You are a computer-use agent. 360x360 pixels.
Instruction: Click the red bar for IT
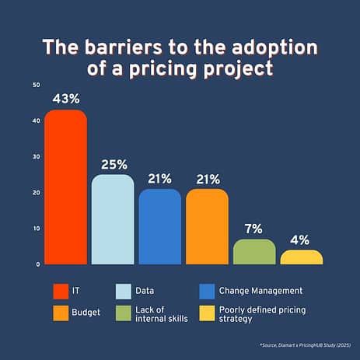click(66, 187)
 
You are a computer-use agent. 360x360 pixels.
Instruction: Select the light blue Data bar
click(113, 219)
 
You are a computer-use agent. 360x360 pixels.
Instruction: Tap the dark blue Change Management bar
click(160, 227)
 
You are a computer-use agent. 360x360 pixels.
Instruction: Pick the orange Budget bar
click(207, 227)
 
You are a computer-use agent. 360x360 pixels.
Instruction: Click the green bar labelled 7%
click(254, 252)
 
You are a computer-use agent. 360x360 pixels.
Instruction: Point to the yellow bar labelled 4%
click(302, 257)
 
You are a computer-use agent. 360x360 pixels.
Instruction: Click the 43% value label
click(66, 99)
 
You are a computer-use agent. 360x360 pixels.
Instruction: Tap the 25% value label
click(114, 165)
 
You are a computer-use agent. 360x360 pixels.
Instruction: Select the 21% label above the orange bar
click(208, 180)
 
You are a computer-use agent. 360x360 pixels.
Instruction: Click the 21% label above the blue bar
click(159, 179)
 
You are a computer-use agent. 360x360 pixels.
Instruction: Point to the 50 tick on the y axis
click(37, 85)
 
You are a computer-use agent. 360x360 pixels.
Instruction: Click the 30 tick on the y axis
click(37, 156)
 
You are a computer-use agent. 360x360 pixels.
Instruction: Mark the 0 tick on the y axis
click(38, 264)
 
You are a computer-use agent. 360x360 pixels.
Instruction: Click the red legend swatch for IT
click(61, 292)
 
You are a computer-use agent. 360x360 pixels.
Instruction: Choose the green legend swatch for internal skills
click(124, 313)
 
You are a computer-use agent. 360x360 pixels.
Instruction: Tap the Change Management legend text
click(260, 291)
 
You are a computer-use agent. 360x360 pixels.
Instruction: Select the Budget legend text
click(86, 313)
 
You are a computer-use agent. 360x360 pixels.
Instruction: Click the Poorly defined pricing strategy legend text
click(262, 314)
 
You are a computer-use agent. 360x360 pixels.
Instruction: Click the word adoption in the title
click(274, 47)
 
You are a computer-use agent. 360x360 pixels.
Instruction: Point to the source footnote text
click(306, 345)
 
